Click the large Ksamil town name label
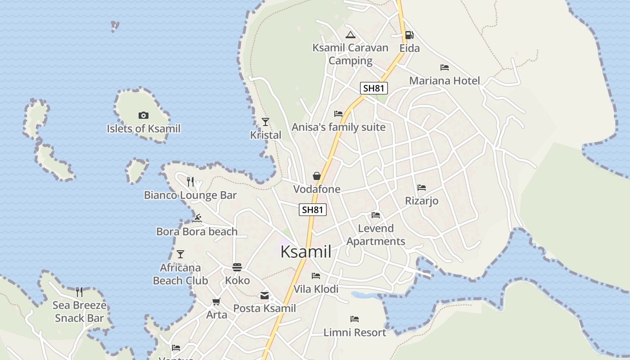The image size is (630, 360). click(306, 252)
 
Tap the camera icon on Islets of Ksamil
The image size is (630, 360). click(144, 116)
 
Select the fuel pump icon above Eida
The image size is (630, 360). click(409, 35)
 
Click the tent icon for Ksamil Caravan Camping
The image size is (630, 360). click(350, 35)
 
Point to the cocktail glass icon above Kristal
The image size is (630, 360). click(265, 121)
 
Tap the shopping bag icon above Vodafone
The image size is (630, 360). click(317, 176)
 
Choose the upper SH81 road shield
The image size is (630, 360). click(373, 88)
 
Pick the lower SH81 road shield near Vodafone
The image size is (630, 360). click(313, 210)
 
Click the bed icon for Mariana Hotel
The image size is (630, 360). click(445, 67)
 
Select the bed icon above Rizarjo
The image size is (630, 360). click(422, 187)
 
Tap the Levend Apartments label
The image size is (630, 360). click(376, 235)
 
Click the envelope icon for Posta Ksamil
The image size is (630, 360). click(265, 296)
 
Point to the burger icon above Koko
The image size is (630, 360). click(237, 267)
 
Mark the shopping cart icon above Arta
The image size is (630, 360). click(216, 301)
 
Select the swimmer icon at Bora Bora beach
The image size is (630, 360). click(197, 219)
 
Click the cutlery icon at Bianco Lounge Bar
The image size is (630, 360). click(190, 182)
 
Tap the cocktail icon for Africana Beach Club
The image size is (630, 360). click(180, 254)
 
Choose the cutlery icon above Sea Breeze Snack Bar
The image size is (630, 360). click(79, 292)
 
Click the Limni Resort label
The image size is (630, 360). click(355, 333)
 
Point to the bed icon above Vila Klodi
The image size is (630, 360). click(316, 275)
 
